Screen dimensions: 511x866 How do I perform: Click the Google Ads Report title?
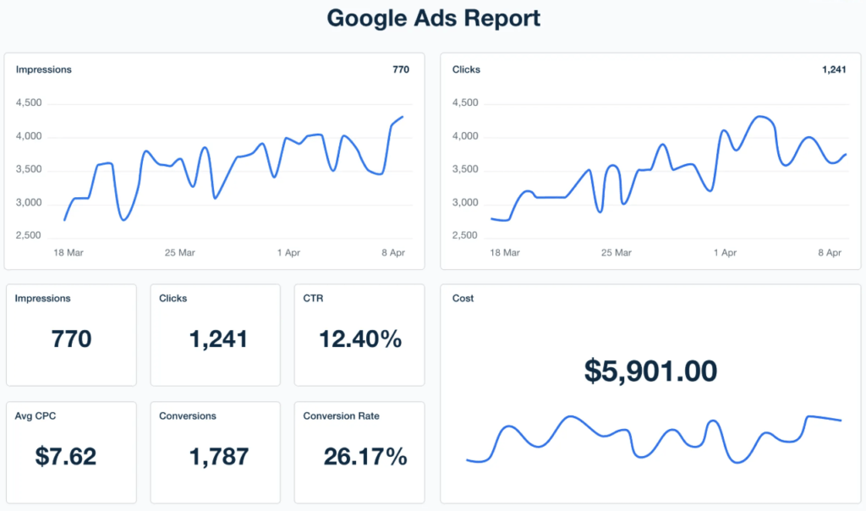pyautogui.click(x=433, y=19)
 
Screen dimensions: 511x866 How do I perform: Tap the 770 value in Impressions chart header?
pyautogui.click(x=401, y=69)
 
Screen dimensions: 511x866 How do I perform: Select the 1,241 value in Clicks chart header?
pyautogui.click(x=833, y=69)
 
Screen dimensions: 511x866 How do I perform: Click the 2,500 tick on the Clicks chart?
pyautogui.click(x=466, y=235)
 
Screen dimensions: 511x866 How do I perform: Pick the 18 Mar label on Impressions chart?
pyautogui.click(x=69, y=253)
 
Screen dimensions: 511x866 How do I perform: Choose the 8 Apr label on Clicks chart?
pyautogui.click(x=829, y=253)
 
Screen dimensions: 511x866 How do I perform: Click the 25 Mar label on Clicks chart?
pyautogui.click(x=616, y=253)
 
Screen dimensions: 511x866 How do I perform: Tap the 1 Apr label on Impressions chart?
pyautogui.click(x=288, y=253)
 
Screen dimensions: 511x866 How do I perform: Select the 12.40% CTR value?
pyautogui.click(x=359, y=339)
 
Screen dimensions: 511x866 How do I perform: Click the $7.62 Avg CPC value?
pyautogui.click(x=65, y=457)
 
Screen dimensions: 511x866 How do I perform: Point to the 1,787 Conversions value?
pyautogui.click(x=218, y=457)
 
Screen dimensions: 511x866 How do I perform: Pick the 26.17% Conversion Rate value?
pyautogui.click(x=364, y=457)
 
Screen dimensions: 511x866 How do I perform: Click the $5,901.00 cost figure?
pyautogui.click(x=650, y=371)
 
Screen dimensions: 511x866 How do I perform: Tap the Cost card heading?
pyautogui.click(x=463, y=298)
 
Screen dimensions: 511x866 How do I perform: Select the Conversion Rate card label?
pyautogui.click(x=341, y=415)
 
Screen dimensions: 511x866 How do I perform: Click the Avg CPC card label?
pyautogui.click(x=35, y=415)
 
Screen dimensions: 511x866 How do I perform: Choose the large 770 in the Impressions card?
pyautogui.click(x=71, y=339)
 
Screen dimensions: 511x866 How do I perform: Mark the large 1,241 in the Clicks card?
pyautogui.click(x=218, y=339)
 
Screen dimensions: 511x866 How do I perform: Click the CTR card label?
pyautogui.click(x=313, y=298)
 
